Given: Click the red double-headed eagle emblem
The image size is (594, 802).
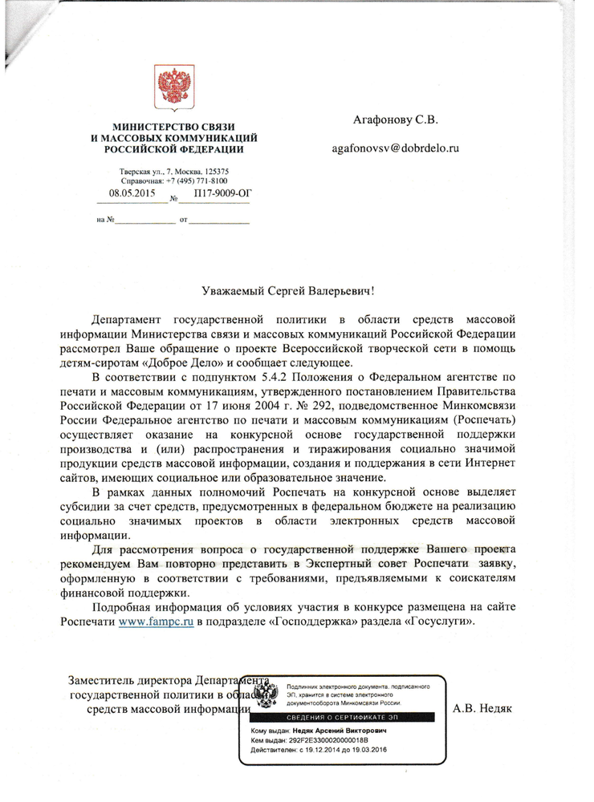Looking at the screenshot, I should [170, 87].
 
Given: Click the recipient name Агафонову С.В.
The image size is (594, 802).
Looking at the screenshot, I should [396, 121].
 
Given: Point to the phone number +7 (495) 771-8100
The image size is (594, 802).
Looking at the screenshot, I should [191, 180].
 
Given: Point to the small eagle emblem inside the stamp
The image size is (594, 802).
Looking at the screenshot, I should [267, 695].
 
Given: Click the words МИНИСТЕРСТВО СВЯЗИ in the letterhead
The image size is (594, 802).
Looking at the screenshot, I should [173, 128].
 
